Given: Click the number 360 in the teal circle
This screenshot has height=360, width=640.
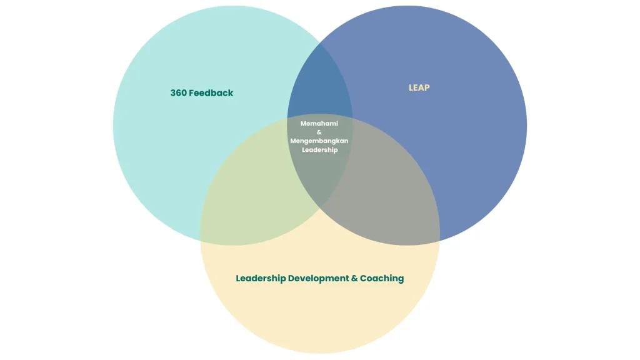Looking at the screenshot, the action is tap(178, 93).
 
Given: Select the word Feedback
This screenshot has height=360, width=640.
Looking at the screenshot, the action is tap(211, 93).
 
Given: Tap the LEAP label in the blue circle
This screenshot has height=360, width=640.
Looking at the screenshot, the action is tap(419, 87).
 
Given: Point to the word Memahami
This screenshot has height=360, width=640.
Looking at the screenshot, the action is tap(319, 123).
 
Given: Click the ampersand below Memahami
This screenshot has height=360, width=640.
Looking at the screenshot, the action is tap(319, 132).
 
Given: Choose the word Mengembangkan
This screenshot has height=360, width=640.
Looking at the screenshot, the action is tap(319, 141).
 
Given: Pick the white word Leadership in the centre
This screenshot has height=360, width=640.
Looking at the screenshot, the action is tap(319, 150).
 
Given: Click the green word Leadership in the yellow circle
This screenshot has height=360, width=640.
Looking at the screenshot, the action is tap(261, 278).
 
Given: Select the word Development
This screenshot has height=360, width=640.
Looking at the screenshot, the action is tap(318, 278).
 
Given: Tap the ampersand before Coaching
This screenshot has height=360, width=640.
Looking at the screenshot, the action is tap(354, 278).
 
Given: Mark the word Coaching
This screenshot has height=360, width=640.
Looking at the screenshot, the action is tap(382, 278).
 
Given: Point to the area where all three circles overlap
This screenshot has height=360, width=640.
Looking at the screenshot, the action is tap(319, 163).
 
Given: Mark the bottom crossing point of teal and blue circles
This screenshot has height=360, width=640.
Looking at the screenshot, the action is tap(320, 209).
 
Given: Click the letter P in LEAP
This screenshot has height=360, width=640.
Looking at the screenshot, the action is tap(427, 87).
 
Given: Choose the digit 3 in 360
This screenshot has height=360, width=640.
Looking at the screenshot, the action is tap(173, 93).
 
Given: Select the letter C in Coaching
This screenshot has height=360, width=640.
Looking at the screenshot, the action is tap(363, 278).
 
